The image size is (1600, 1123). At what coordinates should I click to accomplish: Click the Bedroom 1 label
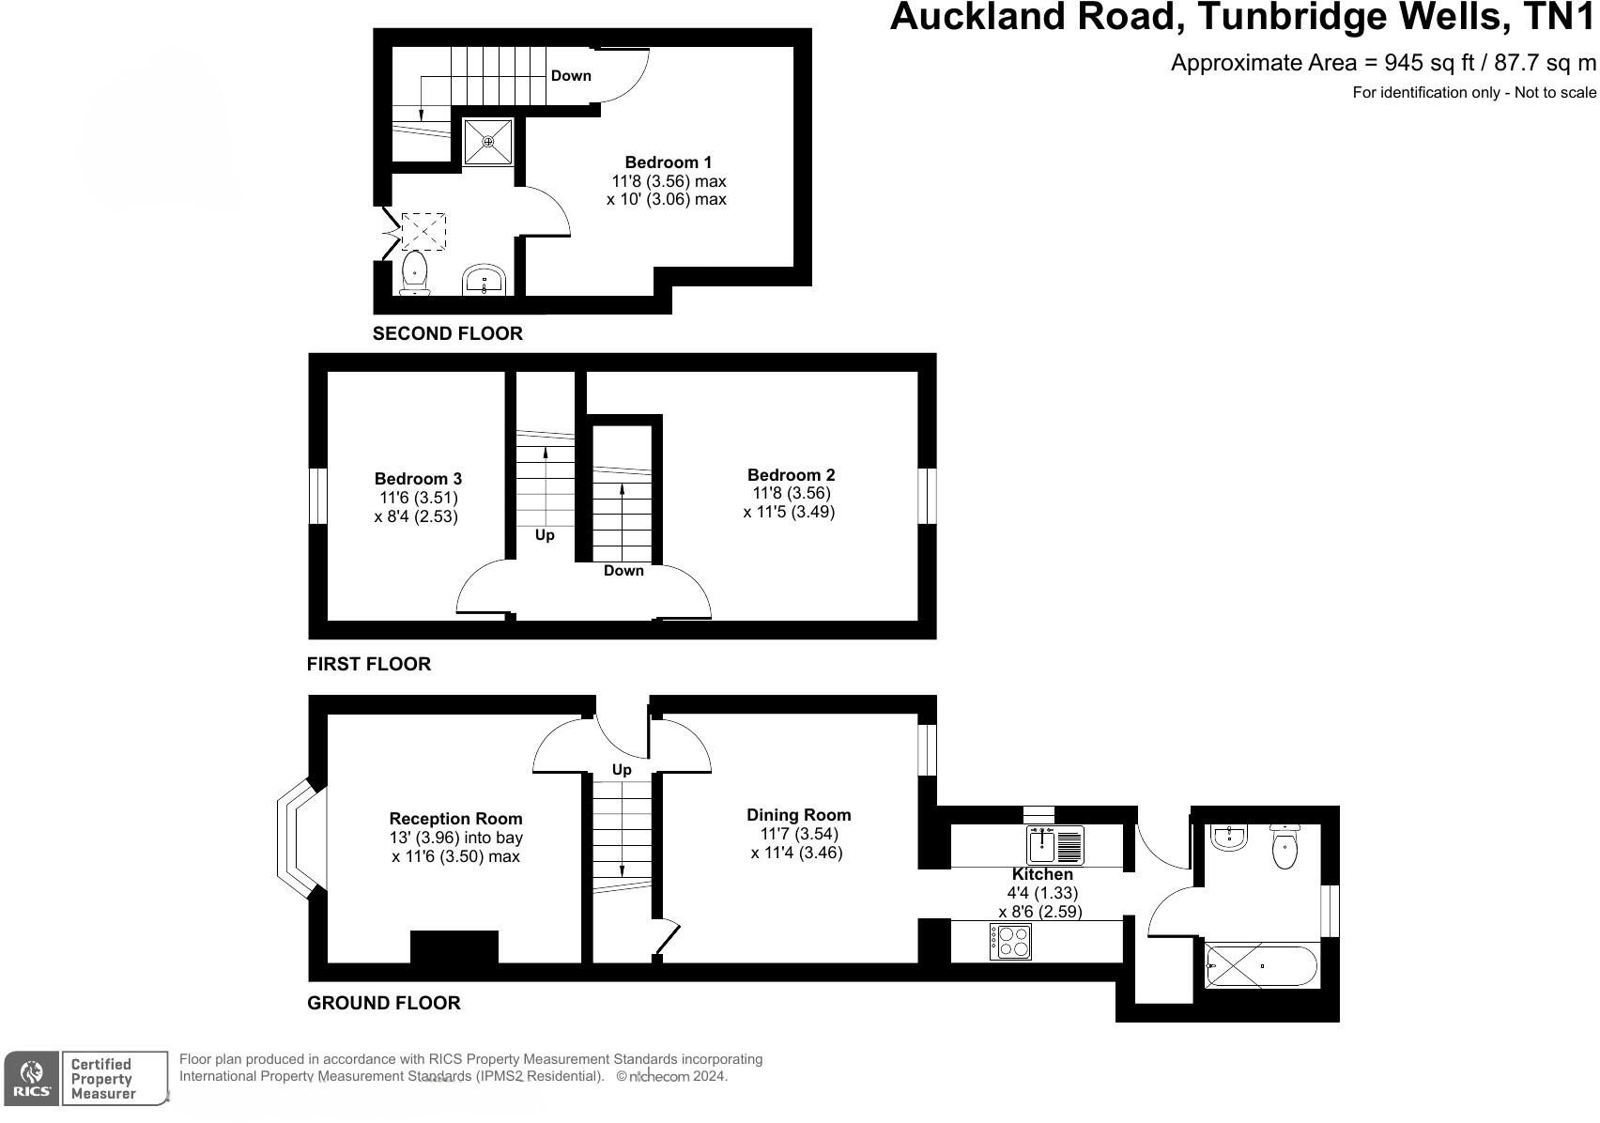668,162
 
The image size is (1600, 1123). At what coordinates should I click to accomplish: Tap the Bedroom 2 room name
791,475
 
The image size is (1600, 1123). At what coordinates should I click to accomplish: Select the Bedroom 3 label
418,479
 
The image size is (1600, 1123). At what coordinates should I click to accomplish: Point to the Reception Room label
455,819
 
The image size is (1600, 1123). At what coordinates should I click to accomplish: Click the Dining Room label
798,815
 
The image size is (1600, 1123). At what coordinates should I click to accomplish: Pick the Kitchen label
1041,874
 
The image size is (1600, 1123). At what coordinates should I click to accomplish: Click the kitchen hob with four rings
1009,941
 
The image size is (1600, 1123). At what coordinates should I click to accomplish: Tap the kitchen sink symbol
1055,845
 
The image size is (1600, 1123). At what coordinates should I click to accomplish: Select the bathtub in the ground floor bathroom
1261,965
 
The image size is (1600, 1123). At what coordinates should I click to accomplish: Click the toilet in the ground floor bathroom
1284,847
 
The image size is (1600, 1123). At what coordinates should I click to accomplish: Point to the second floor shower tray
487,142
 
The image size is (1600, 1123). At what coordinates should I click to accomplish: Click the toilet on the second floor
414,272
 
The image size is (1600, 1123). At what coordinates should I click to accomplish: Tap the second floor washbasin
485,280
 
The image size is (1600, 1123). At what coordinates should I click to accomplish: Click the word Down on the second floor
571,76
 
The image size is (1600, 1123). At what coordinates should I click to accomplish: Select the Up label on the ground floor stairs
622,770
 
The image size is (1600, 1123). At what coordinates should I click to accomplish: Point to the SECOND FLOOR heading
447,333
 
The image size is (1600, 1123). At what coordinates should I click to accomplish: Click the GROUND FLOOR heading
384,1003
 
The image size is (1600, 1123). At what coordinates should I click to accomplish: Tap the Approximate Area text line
1382,63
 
